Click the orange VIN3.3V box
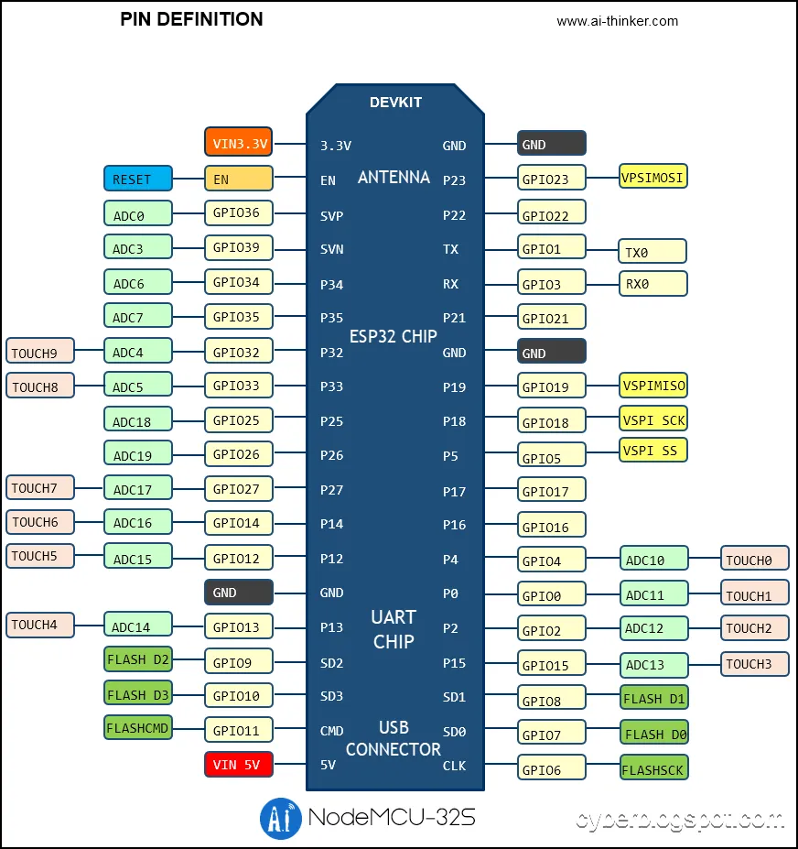[238, 143]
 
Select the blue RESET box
[137, 180]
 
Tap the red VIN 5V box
[238, 764]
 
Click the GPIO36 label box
[238, 213]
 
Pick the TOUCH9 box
[40, 352]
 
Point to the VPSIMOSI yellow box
[652, 177]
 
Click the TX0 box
[652, 252]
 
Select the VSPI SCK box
[652, 419]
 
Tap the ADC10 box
[653, 560]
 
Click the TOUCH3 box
[754, 664]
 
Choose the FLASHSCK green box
[653, 767]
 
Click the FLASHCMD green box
[137, 729]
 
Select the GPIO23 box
[551, 180]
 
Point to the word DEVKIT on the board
[395, 103]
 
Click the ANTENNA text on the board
[394, 178]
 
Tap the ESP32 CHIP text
[394, 335]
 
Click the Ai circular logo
[281, 818]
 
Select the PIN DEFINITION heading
[191, 19]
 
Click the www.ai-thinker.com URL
[617, 21]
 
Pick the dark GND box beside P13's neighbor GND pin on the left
[238, 593]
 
